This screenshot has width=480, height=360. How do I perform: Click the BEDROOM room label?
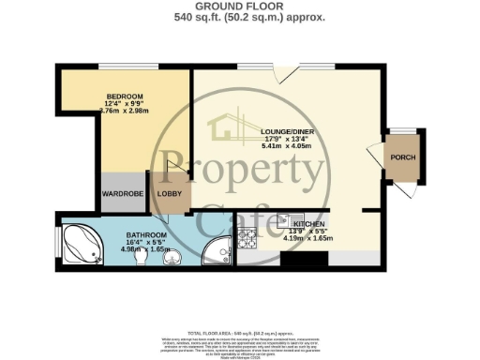pos(124,97)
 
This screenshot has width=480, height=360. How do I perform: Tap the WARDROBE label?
pos(121,194)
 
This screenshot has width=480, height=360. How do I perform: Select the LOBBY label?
pos(170,194)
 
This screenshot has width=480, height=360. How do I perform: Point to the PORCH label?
pos(404,157)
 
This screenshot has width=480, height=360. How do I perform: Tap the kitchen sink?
pos(287,222)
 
